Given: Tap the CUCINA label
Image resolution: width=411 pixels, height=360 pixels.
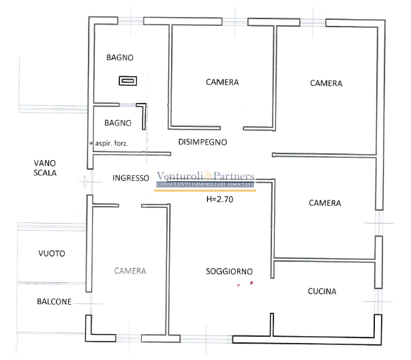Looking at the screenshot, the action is pyautogui.click(x=322, y=292).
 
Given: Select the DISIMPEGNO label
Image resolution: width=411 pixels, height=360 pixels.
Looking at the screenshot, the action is pyautogui.click(x=202, y=142).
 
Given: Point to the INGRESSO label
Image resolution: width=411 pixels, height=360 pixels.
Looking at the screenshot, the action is pyautogui.click(x=131, y=178).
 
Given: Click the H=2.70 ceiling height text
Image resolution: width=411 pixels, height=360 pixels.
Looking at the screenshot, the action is pyautogui.click(x=219, y=200).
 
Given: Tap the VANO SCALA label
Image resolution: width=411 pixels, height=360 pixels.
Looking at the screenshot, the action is pyautogui.click(x=45, y=168).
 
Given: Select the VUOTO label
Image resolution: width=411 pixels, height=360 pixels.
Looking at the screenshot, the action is pyautogui.click(x=52, y=254).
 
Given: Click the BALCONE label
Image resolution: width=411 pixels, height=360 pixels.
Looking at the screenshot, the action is pyautogui.click(x=54, y=301).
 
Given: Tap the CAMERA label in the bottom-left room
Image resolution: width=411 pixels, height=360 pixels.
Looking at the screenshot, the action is pyautogui.click(x=130, y=271).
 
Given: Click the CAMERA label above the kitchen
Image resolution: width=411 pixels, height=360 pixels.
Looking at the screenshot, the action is pyautogui.click(x=324, y=203).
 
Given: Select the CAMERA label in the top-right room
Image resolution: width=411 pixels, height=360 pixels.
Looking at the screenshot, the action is pyautogui.click(x=326, y=83).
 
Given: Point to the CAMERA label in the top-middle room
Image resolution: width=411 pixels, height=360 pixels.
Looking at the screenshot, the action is pyautogui.click(x=222, y=82).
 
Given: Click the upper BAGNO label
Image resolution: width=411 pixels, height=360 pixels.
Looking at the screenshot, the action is pyautogui.click(x=119, y=57).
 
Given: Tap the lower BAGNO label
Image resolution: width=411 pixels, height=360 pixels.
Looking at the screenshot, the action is pyautogui.click(x=117, y=123).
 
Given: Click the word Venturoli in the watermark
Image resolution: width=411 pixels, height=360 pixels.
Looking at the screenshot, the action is pyautogui.click(x=182, y=176).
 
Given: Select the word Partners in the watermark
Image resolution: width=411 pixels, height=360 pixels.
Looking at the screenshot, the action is pyautogui.click(x=234, y=176).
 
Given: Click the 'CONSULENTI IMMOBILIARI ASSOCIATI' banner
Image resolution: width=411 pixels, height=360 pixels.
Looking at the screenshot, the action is pyautogui.click(x=205, y=185).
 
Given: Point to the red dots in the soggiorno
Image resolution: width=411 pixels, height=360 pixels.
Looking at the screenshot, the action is pyautogui.click(x=245, y=283).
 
